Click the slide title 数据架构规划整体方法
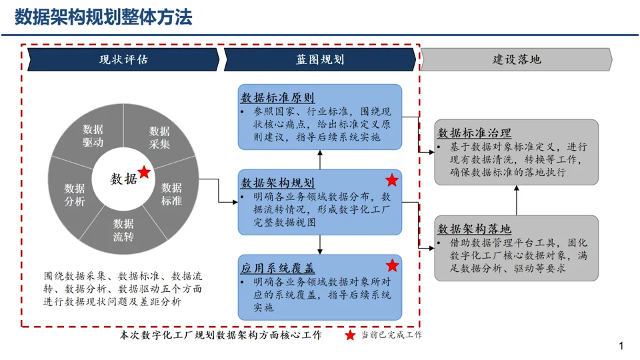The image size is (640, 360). (103, 17)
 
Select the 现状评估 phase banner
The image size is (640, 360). (123, 59)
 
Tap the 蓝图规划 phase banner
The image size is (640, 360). (320, 59)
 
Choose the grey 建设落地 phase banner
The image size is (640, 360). (517, 59)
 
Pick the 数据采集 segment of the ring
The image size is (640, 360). (159, 137)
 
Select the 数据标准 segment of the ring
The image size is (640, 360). (171, 194)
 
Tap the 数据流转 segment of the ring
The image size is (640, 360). (123, 230)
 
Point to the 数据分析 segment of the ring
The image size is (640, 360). (75, 195)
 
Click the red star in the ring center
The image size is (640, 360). (144, 173)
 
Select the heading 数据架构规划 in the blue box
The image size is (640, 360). (277, 183)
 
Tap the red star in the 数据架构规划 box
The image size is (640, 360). (392, 180)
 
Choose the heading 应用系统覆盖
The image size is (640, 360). (277, 269)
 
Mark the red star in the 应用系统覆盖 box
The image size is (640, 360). (392, 265)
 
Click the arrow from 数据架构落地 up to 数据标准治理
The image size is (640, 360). (516, 200)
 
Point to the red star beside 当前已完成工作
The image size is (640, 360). (350, 335)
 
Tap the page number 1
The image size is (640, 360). (621, 346)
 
